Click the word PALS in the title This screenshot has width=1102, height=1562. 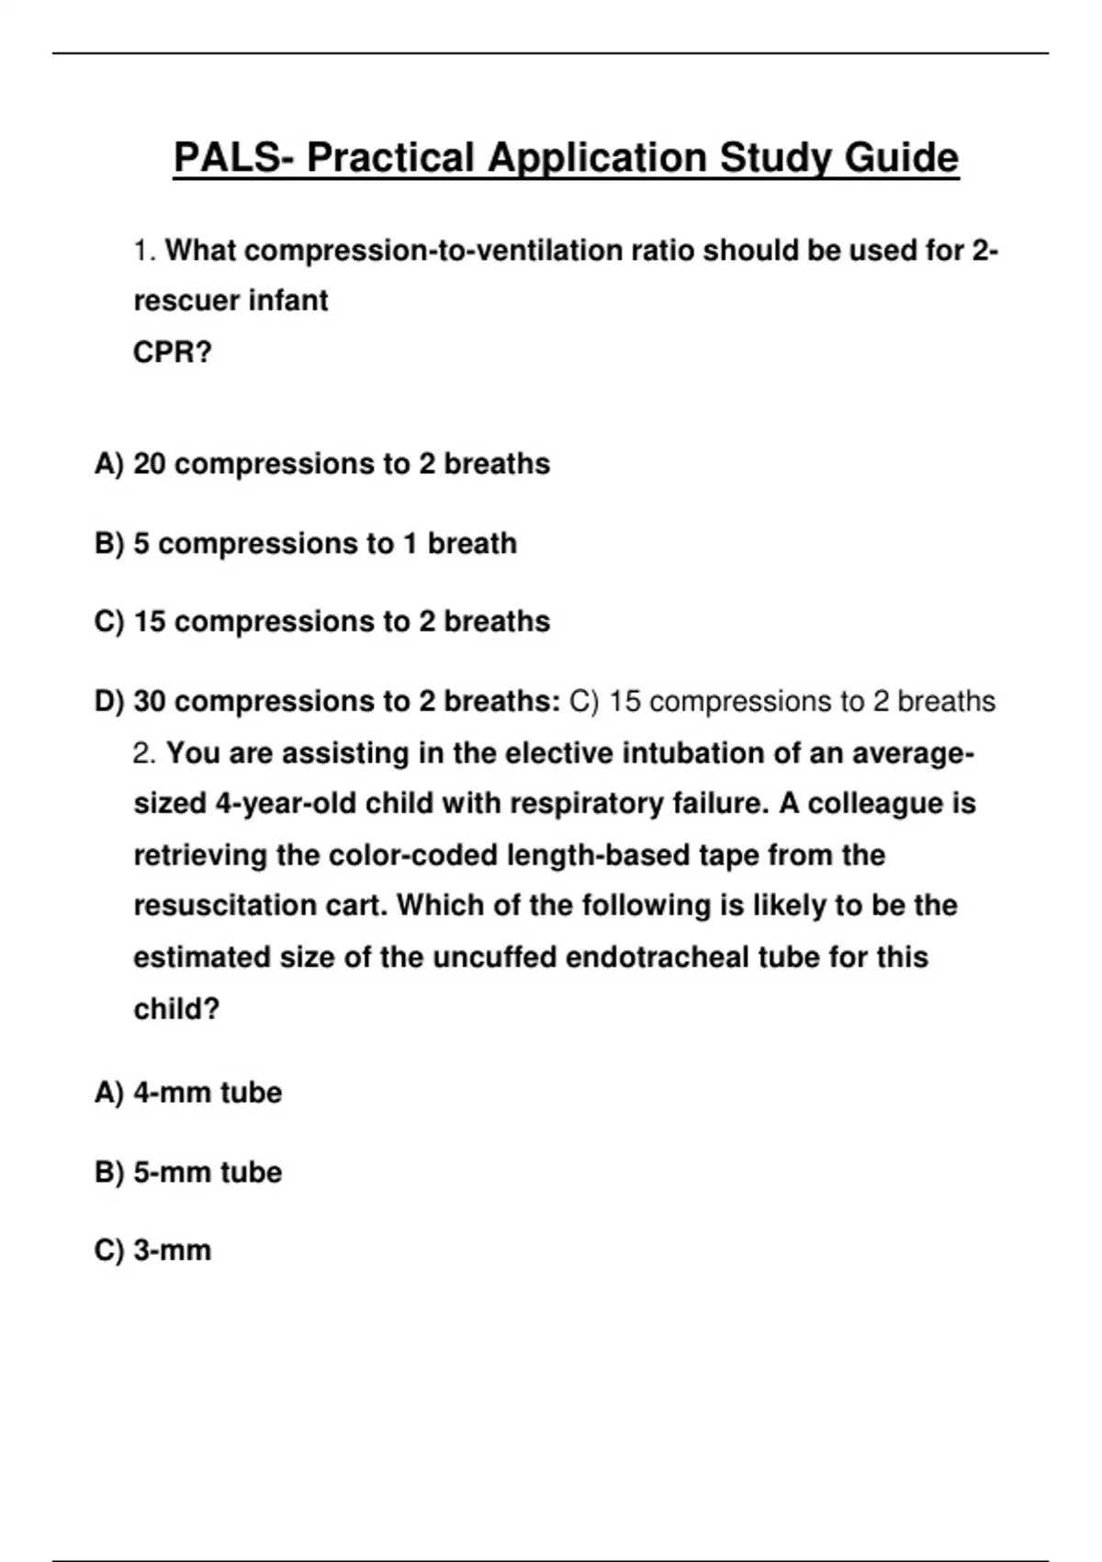(x=227, y=157)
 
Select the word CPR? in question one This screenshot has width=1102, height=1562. (x=173, y=352)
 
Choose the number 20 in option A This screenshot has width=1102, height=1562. (x=150, y=464)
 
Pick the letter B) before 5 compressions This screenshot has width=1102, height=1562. (x=108, y=544)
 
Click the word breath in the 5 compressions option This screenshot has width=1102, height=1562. (x=472, y=544)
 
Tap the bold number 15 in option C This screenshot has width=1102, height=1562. (x=150, y=622)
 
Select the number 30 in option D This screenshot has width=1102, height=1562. (x=150, y=702)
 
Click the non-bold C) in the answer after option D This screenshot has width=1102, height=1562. (x=584, y=702)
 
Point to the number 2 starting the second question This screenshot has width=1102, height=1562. (x=143, y=753)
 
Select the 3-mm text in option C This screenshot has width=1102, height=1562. (x=173, y=1251)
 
